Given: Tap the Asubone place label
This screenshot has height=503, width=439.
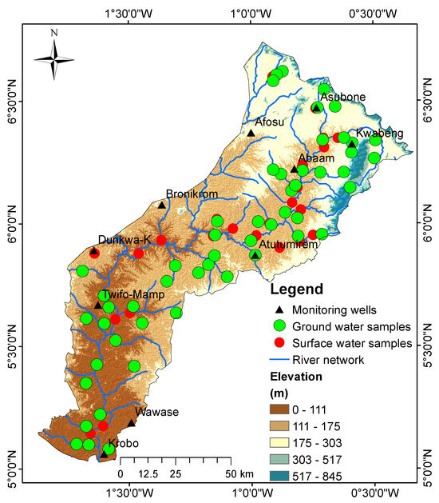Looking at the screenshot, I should (x=342, y=97).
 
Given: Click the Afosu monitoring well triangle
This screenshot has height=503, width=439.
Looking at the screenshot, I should (x=251, y=133).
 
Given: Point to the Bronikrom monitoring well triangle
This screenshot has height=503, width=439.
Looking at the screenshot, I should (x=161, y=206).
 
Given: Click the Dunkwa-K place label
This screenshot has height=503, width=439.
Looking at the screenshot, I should (x=125, y=239).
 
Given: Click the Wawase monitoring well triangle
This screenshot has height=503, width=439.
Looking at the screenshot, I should (x=132, y=423).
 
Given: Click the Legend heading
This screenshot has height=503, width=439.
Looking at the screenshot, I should (x=296, y=289).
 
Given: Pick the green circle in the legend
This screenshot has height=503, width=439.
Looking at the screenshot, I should (x=279, y=326).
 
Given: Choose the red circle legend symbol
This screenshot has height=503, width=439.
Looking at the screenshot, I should (x=279, y=343).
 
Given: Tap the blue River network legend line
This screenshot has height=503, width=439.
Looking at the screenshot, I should (x=279, y=360).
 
